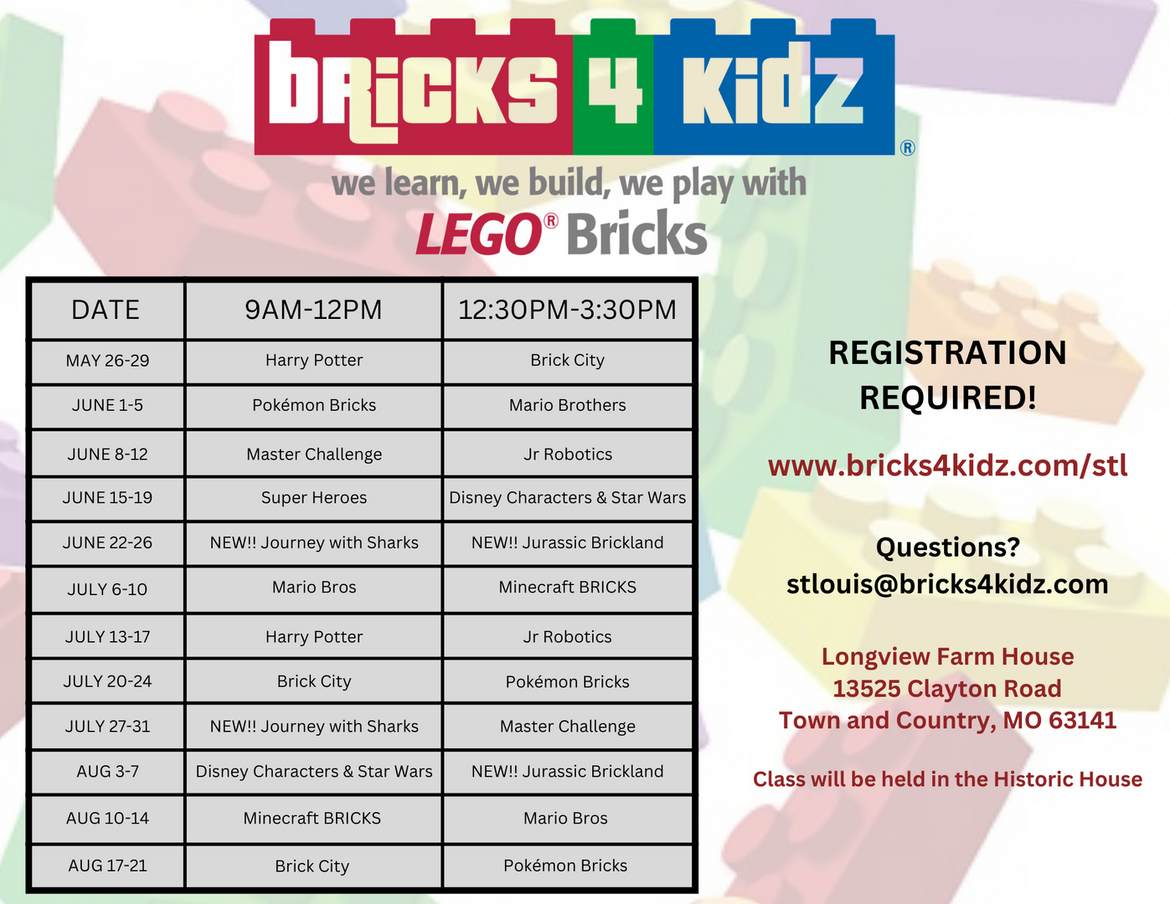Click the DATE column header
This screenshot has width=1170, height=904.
[x=106, y=310]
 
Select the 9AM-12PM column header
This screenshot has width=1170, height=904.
[x=313, y=310]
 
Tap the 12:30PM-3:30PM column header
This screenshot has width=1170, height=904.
[x=567, y=310]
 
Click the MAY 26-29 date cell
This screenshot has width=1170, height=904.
[x=107, y=361]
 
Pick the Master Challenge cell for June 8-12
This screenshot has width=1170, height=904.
[x=314, y=455]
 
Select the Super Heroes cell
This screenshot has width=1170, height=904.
[x=314, y=498]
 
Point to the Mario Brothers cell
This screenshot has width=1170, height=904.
[x=568, y=405]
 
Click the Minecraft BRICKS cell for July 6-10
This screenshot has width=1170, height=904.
[x=568, y=587]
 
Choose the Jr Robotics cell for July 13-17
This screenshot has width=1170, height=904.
[x=568, y=637]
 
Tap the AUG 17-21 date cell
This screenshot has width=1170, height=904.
[x=107, y=865]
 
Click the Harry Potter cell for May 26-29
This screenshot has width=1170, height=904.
[x=314, y=360]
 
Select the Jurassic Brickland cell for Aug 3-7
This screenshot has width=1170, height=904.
[x=568, y=772]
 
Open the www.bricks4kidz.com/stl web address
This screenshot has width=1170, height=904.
[x=947, y=466]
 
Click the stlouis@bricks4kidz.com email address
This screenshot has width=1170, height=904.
[x=947, y=584]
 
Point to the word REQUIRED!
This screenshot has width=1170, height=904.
[x=947, y=398]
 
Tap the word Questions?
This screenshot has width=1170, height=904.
[x=947, y=547]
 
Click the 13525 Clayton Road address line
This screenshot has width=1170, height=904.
[x=947, y=689]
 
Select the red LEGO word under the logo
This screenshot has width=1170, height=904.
[x=479, y=234]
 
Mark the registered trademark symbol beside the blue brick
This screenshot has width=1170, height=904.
[x=907, y=148]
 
